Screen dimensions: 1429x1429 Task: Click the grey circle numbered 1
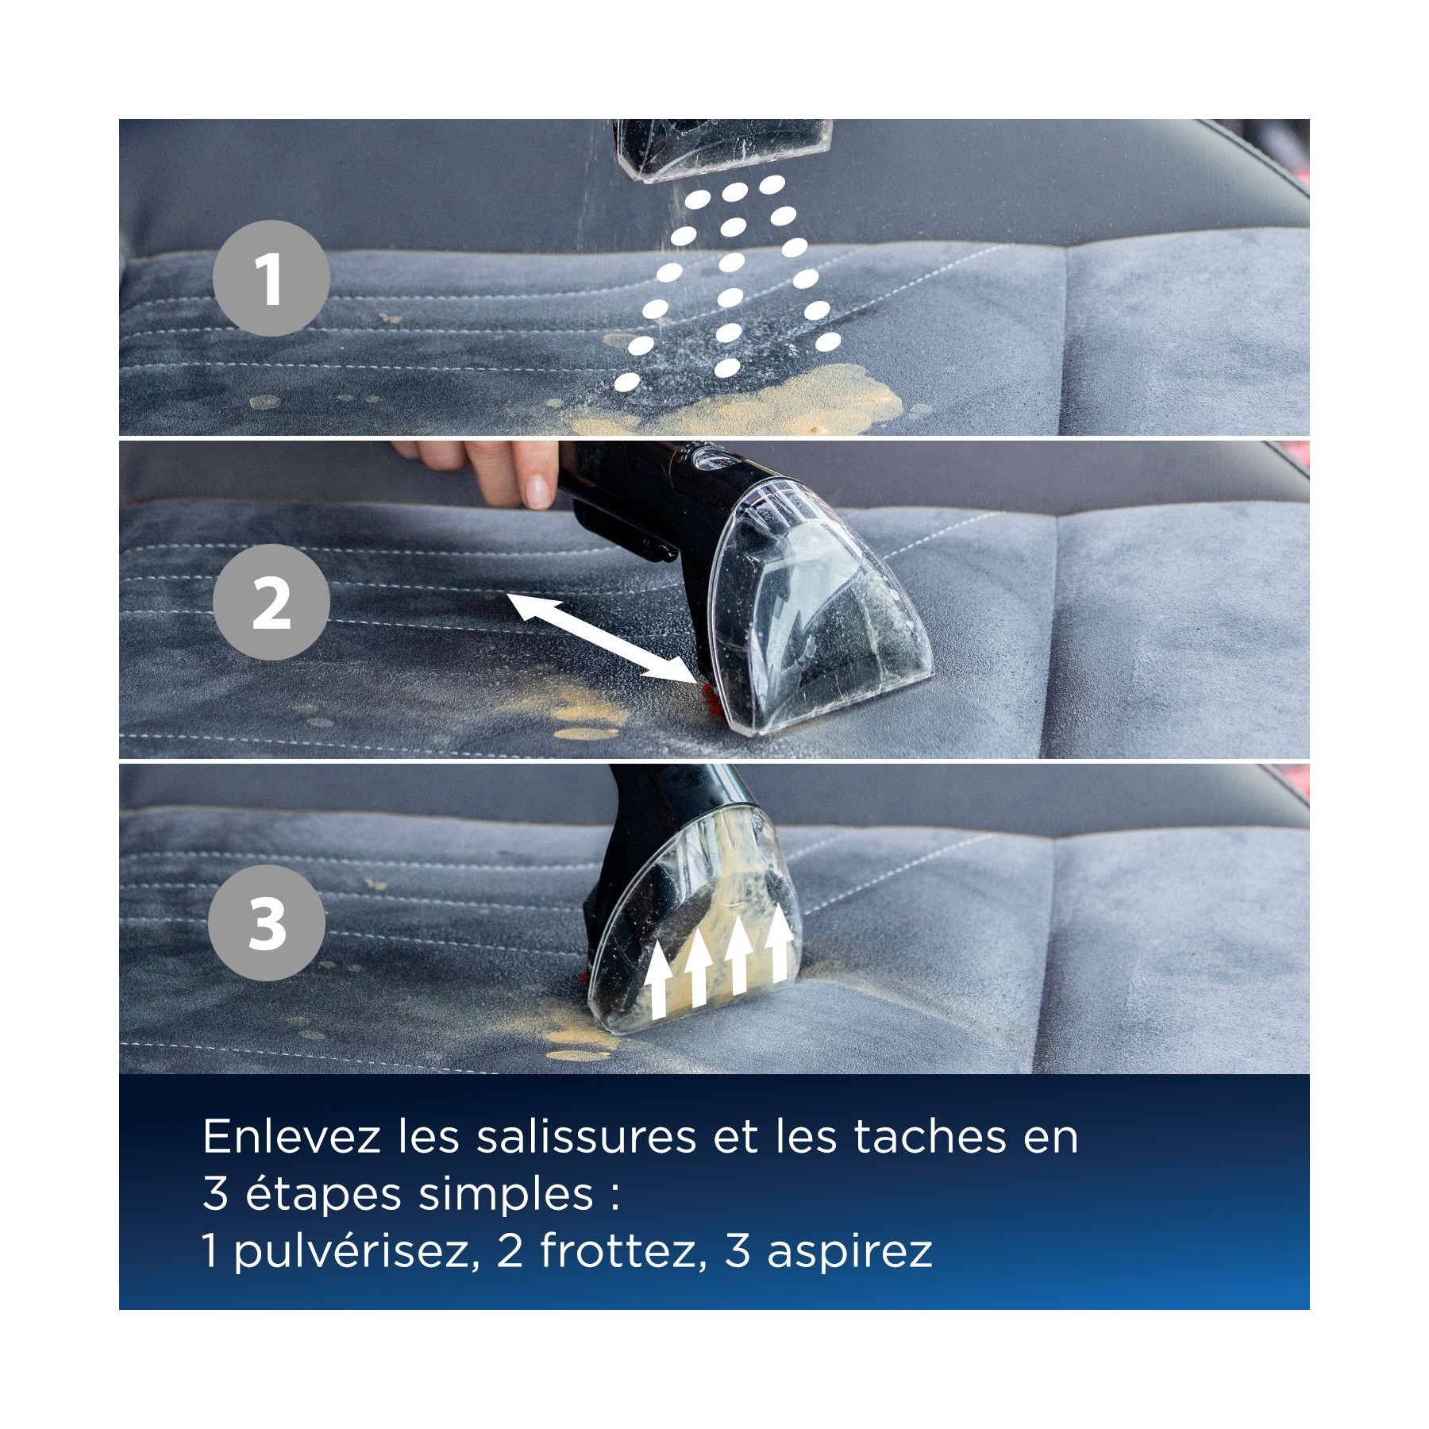coord(272,278)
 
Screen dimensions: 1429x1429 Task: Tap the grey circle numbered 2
coord(272,603)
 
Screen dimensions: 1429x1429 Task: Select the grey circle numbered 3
coord(267,922)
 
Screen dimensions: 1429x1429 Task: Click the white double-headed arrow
coord(600,637)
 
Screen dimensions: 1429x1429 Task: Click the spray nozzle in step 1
coord(724,149)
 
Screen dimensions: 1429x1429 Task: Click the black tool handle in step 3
coord(671,818)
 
